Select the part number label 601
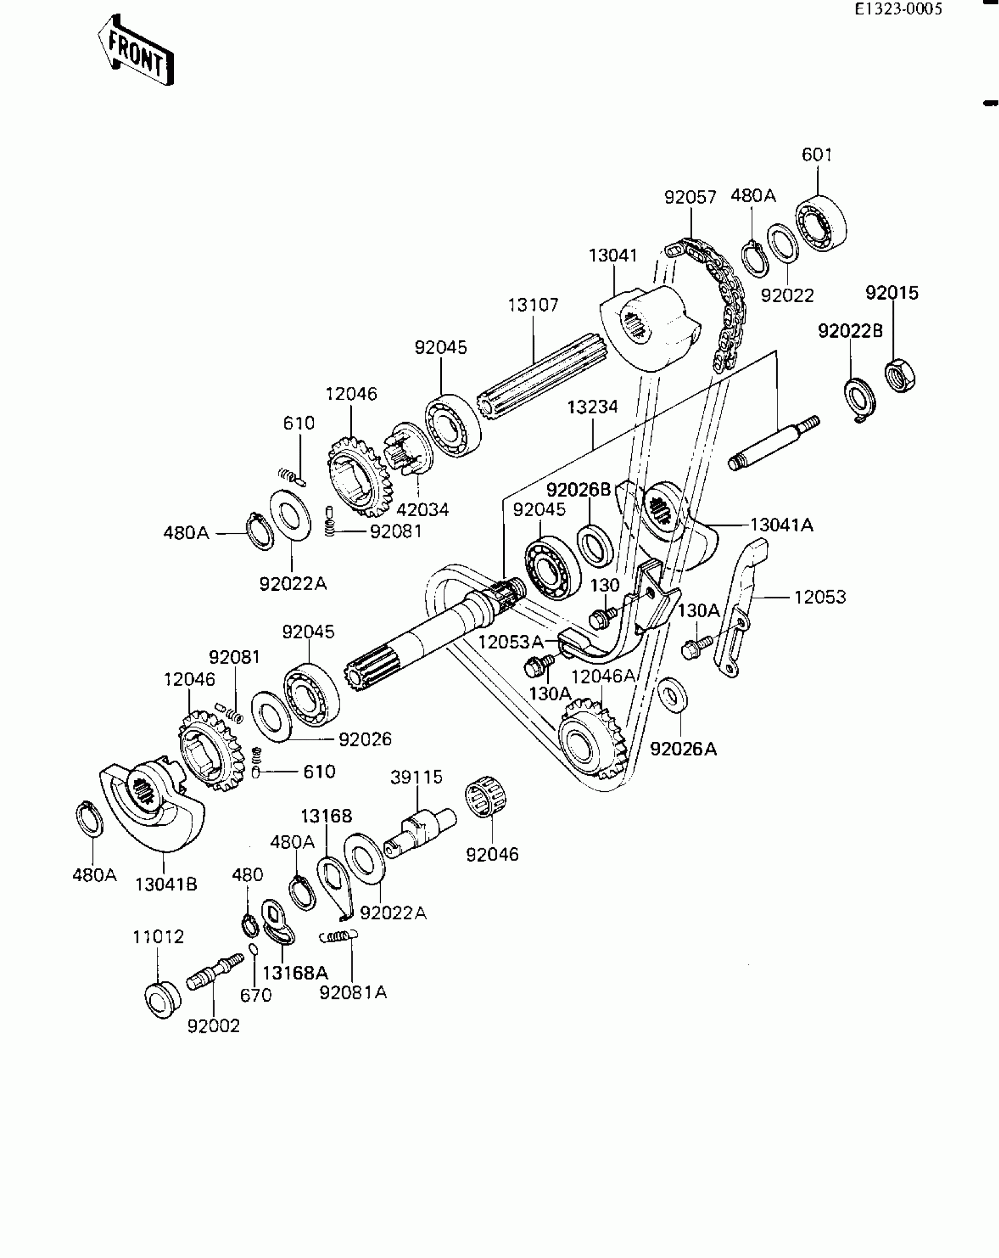click(817, 155)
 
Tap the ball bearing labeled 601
click(822, 223)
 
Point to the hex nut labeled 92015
click(901, 374)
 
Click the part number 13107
click(533, 305)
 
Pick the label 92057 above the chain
click(690, 197)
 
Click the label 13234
click(592, 407)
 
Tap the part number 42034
click(423, 509)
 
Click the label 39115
click(417, 777)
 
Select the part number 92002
click(214, 1026)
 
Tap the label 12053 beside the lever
click(820, 597)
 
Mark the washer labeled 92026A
click(673, 694)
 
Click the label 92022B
click(850, 332)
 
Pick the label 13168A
click(295, 973)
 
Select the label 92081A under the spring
click(353, 992)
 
